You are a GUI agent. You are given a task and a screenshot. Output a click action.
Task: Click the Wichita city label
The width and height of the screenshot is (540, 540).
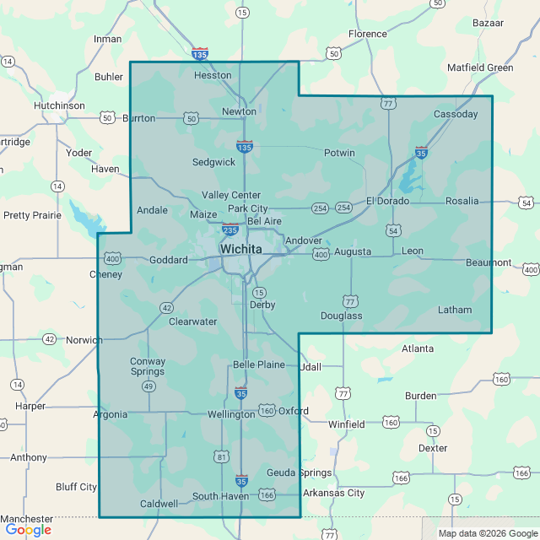241,250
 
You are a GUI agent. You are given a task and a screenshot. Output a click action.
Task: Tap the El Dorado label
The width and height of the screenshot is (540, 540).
387,201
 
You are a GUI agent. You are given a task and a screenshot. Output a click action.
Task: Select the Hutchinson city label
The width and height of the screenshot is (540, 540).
59,105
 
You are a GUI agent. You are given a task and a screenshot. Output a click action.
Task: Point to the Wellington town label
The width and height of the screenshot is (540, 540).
231,414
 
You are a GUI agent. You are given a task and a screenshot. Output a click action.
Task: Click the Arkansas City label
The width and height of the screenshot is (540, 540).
333,493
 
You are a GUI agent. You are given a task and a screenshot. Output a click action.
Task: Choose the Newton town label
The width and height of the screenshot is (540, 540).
239,111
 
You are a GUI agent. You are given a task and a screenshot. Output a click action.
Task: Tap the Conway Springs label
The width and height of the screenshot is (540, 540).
148,367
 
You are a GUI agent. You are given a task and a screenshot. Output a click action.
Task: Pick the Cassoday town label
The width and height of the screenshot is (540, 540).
456,114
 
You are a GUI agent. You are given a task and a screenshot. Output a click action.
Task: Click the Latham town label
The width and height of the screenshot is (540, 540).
455,310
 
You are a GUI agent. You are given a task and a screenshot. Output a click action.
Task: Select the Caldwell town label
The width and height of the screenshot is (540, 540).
159,504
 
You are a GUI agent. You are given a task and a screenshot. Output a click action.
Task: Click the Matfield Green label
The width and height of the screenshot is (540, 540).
480,67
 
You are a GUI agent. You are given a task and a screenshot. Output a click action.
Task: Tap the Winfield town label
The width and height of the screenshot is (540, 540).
347,424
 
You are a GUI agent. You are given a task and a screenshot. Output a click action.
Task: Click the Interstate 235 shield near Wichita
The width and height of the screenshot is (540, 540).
229,229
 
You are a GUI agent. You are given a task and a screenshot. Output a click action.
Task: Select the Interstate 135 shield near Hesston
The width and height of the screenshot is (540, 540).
200,54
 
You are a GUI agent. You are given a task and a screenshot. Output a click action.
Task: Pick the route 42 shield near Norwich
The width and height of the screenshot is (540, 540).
50,339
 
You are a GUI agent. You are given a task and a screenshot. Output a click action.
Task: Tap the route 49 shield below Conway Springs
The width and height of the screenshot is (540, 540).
148,386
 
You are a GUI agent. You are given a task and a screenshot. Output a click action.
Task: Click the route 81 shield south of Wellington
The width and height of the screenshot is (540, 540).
222,456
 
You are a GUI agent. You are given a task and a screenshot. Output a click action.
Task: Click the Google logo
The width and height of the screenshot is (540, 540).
28,530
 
